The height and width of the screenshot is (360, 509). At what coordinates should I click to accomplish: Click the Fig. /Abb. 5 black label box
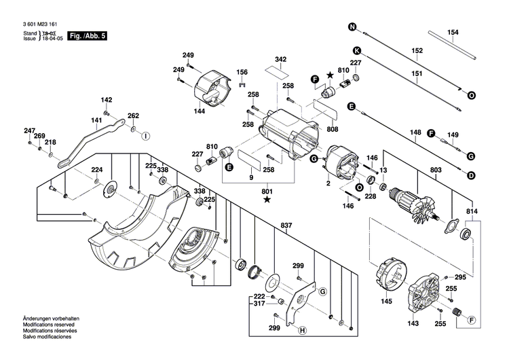point(86,35)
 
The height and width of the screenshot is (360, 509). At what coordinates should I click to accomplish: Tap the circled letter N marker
point(352,27)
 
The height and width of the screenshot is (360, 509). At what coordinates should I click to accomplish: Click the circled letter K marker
point(356,50)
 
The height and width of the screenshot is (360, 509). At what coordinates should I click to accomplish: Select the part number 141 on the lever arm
point(97,120)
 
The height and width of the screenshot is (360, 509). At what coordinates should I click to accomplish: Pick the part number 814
point(471,212)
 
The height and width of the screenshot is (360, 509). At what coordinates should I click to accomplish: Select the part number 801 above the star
point(267,191)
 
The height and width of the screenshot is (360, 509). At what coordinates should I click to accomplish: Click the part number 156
point(242,72)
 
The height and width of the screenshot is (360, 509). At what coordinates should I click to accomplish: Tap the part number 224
point(97,170)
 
